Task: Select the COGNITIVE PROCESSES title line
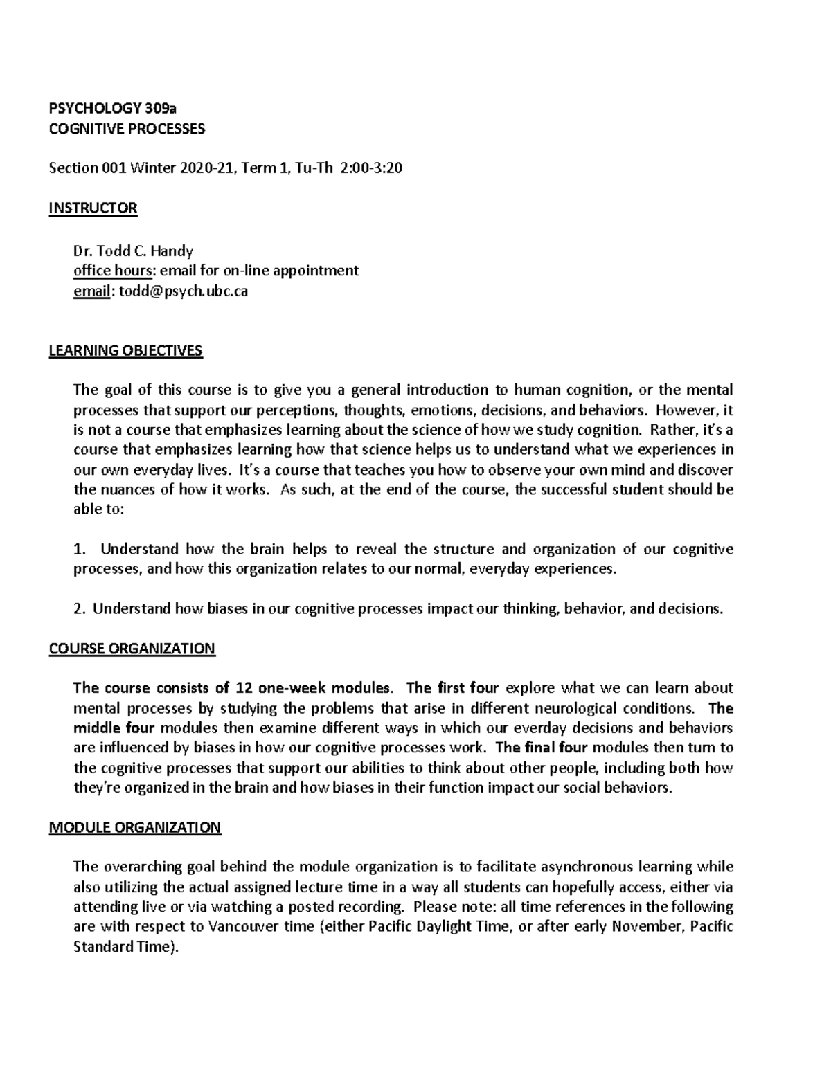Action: [x=127, y=128]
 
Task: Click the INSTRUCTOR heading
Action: [x=93, y=208]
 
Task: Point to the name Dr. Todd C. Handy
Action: [x=133, y=251]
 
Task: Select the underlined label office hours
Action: [x=111, y=271]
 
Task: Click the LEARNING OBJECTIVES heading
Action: [x=125, y=350]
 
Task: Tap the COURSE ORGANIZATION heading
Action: [x=132, y=649]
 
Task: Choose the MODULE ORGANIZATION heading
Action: [x=135, y=827]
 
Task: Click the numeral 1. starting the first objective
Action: [x=80, y=550]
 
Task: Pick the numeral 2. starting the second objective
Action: [x=80, y=609]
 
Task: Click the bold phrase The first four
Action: [x=452, y=688]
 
